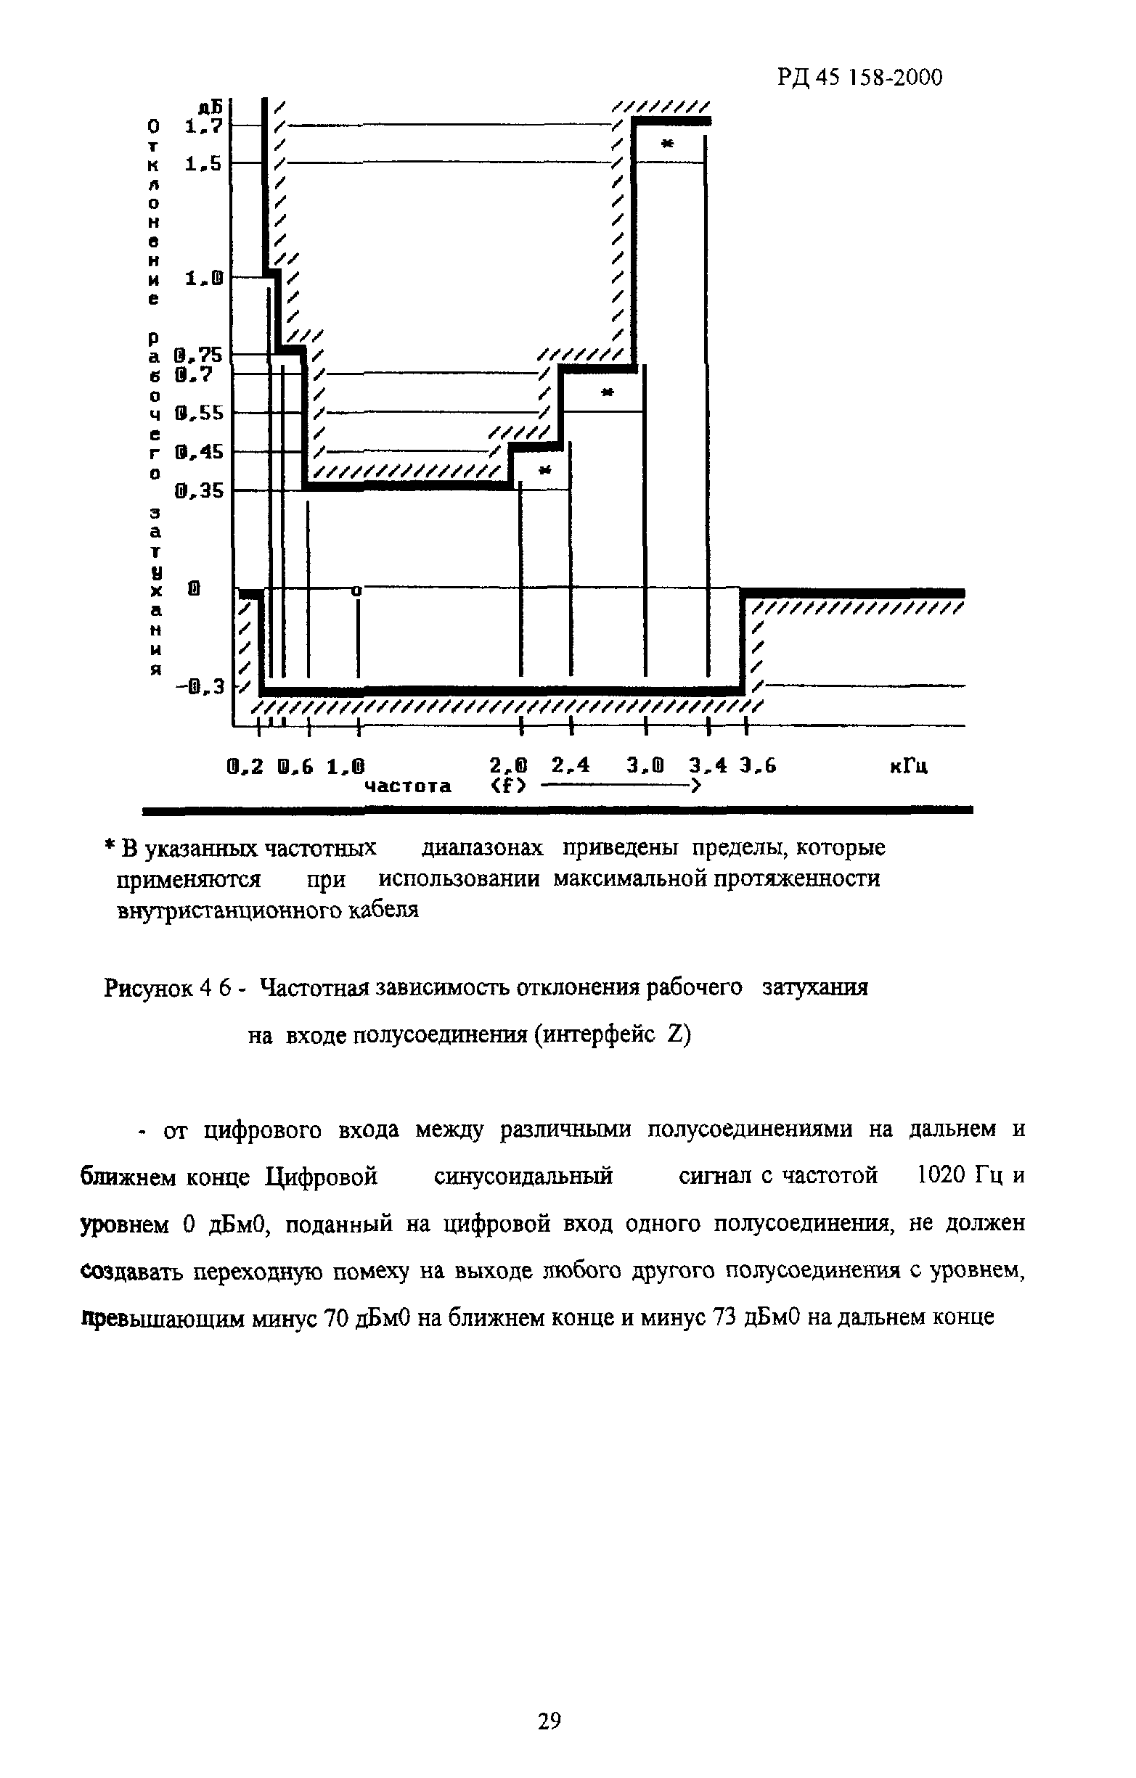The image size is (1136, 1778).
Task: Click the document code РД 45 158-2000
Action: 859,77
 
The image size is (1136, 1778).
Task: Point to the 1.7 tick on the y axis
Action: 204,126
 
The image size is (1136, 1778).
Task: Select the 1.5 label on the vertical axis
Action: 204,164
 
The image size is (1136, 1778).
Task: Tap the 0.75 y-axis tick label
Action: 199,355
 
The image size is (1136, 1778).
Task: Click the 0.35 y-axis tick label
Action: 199,490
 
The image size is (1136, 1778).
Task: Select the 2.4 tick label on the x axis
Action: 571,766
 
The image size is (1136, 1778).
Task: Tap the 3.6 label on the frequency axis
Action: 759,767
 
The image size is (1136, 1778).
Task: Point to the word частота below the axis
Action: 409,786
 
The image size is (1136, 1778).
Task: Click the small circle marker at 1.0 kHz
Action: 356,590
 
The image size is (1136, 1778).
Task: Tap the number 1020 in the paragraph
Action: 939,1174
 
